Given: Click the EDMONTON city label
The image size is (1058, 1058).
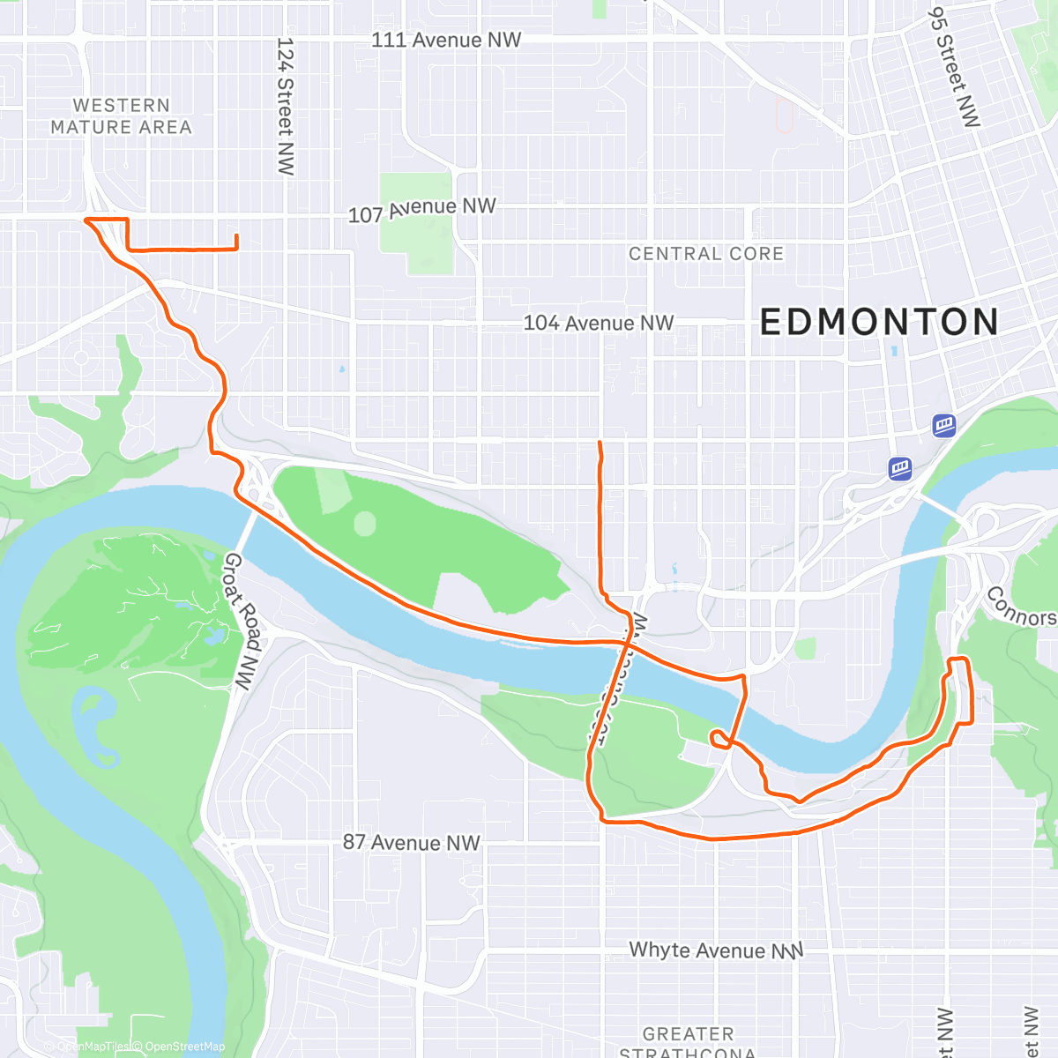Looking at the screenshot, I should pyautogui.click(x=879, y=322).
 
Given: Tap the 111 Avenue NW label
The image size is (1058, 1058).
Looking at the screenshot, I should pyautogui.click(x=446, y=40).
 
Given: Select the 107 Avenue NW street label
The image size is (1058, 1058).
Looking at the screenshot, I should pyautogui.click(x=422, y=210).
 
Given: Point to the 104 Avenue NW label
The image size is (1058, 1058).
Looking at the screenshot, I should pyautogui.click(x=599, y=324).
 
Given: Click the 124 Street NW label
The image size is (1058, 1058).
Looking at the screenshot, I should pyautogui.click(x=285, y=106).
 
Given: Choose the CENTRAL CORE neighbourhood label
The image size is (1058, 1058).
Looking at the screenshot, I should pyautogui.click(x=705, y=254).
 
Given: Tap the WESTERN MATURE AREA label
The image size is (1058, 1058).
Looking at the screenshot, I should pyautogui.click(x=121, y=116).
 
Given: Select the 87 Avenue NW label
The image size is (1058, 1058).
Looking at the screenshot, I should pyautogui.click(x=411, y=843).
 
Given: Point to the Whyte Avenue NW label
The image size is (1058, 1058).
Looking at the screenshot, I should pyautogui.click(x=715, y=950).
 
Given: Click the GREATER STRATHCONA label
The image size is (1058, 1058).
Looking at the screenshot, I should pyautogui.click(x=688, y=1041).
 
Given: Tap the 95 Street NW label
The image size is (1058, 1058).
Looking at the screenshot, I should pyautogui.click(x=954, y=67).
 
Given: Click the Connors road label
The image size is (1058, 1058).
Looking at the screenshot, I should pyautogui.click(x=1020, y=607).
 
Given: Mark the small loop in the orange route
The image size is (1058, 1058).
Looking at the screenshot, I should pyautogui.click(x=719, y=739).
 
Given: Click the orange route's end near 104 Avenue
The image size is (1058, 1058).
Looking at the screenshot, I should pyautogui.click(x=600, y=442).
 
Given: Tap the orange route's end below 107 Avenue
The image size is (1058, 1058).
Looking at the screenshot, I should pyautogui.click(x=236, y=235).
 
